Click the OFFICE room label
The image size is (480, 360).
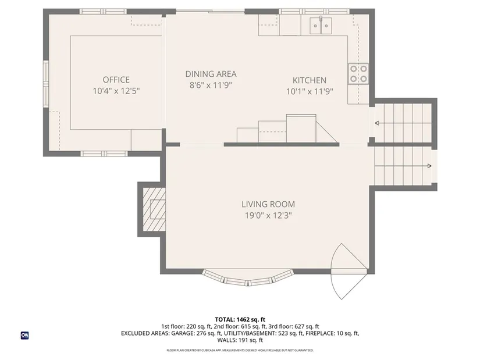[116, 80]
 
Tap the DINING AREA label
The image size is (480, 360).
[211, 74]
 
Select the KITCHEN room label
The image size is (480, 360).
[310, 80]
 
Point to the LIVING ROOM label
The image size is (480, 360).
[268, 204]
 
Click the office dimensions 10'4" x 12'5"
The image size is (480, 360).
[116, 91]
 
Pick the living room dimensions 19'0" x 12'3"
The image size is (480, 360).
[268, 216]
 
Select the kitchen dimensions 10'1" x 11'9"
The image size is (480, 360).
[310, 91]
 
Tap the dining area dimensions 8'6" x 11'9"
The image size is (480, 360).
[211, 85]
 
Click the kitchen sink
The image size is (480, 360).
[321, 26]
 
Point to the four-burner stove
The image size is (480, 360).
[358, 74]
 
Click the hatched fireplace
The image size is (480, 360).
[154, 209]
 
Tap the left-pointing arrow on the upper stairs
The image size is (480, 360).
[403, 123]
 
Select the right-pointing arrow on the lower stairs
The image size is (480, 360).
[403, 166]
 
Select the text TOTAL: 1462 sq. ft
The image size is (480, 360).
[240, 320]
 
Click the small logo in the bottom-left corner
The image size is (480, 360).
[25, 336]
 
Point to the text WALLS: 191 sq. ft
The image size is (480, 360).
[240, 340]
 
